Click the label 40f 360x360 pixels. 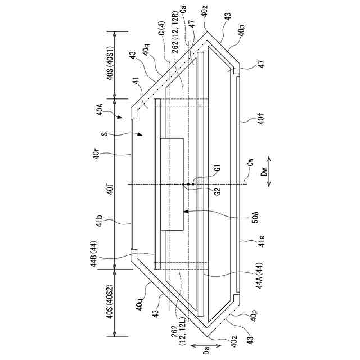tap(261, 118)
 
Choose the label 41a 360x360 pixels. tap(262, 241)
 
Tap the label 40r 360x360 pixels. tap(96, 152)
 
